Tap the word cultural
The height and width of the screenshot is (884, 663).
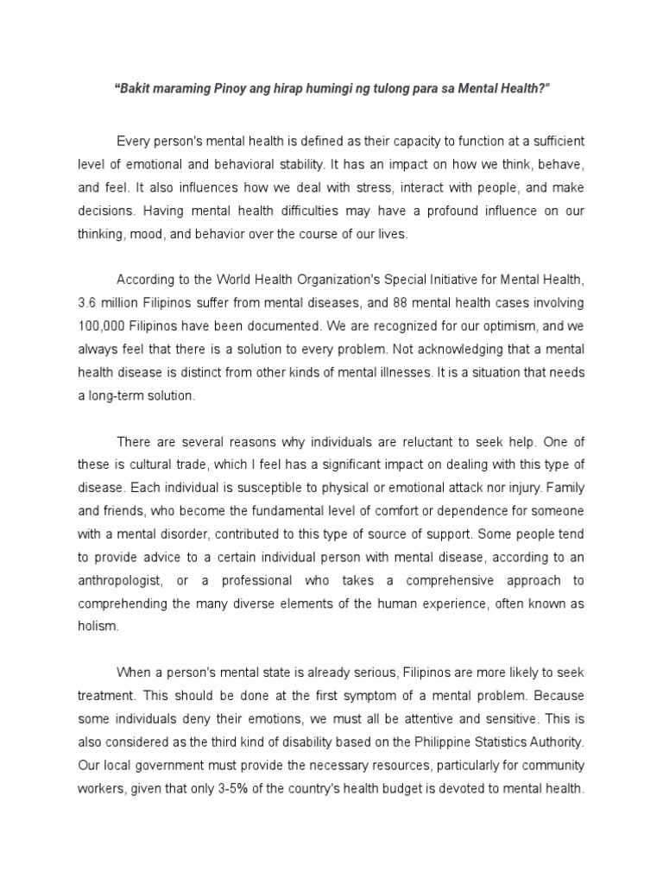click(x=160, y=464)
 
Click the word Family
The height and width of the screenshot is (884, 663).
click(x=563, y=486)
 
